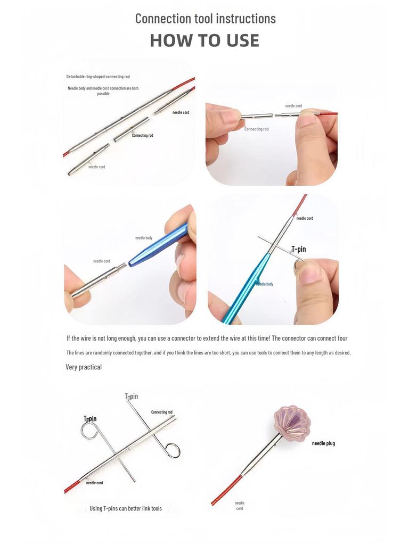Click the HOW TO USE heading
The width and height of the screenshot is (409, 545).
tap(204, 40)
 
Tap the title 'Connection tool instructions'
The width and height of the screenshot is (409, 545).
tap(205, 18)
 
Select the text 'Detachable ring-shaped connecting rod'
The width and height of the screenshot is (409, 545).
tap(98, 77)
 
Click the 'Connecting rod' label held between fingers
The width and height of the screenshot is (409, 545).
tap(256, 129)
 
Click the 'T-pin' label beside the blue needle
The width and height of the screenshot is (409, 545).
tap(298, 249)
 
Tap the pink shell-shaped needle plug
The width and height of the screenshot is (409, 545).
tap(291, 422)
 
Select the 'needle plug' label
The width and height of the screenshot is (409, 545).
tap(323, 443)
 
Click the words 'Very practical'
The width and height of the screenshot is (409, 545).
tap(84, 367)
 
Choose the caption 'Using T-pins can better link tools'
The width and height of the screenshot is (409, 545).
tap(126, 508)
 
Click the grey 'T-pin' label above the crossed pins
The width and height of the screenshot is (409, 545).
tap(131, 397)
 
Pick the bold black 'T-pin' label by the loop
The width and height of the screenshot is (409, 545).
tap(90, 419)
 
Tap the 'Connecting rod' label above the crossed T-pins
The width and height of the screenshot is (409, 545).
tap(161, 412)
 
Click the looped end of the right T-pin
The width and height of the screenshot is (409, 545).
tap(173, 450)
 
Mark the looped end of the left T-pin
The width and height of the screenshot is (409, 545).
tap(89, 430)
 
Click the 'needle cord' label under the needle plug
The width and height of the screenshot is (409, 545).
tap(239, 506)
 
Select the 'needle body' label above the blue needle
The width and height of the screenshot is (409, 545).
tap(144, 238)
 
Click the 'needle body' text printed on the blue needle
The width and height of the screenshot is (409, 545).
tap(265, 284)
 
